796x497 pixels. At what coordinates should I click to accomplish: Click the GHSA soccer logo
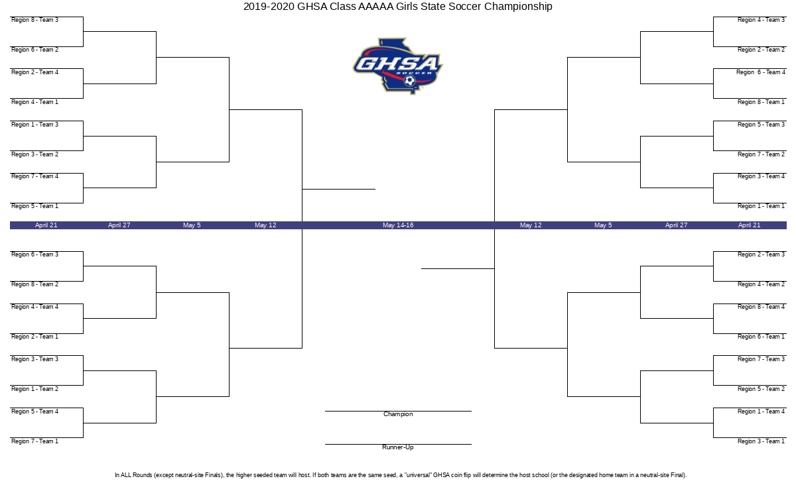tap(397, 66)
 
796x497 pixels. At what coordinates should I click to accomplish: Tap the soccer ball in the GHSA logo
tap(410, 81)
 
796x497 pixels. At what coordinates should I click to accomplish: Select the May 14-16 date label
tap(398, 225)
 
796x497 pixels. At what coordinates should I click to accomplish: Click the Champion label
tap(398, 414)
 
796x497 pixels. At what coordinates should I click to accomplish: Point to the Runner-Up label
tap(398, 447)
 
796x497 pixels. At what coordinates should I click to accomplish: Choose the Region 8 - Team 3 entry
tap(34, 20)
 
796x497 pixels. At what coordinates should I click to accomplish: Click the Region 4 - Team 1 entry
tap(34, 102)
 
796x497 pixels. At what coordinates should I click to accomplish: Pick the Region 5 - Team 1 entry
tap(34, 206)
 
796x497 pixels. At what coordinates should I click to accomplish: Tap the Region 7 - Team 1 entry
tap(34, 441)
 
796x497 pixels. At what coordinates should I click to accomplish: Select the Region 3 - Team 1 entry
tap(761, 441)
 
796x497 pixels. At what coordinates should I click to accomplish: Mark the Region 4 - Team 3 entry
tap(761, 20)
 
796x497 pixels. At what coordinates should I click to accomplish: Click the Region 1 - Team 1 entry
tap(761, 206)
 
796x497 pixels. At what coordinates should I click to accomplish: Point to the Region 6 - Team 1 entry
tap(761, 337)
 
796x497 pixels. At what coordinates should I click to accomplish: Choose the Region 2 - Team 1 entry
tap(34, 337)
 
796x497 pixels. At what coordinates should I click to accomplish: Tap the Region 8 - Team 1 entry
tap(761, 102)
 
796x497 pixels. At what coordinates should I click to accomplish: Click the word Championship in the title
tap(518, 7)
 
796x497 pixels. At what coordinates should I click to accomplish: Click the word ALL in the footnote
tap(126, 475)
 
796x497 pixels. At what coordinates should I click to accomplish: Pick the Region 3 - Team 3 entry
tap(34, 359)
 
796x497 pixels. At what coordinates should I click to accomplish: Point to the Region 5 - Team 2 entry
tap(761, 389)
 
